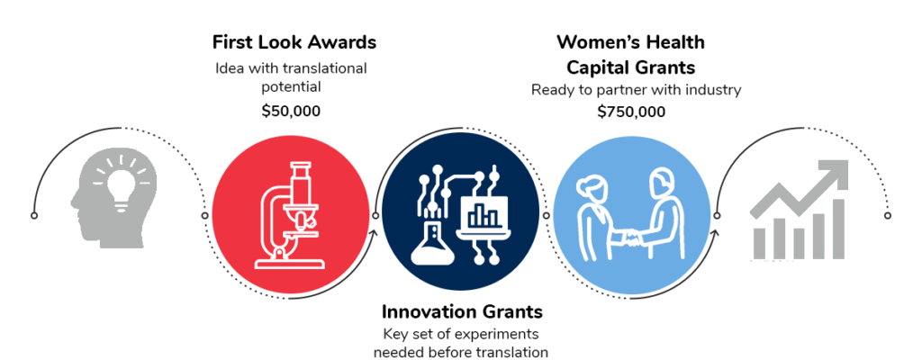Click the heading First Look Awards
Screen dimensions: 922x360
click(294, 42)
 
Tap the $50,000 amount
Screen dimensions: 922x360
click(291, 111)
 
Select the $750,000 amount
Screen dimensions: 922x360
click(631, 112)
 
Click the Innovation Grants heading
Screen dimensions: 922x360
click(462, 311)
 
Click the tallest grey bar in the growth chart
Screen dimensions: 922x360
click(838, 229)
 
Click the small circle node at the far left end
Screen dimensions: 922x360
click(34, 216)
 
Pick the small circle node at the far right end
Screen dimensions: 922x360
click(888, 216)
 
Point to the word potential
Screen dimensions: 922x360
click(291, 87)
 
